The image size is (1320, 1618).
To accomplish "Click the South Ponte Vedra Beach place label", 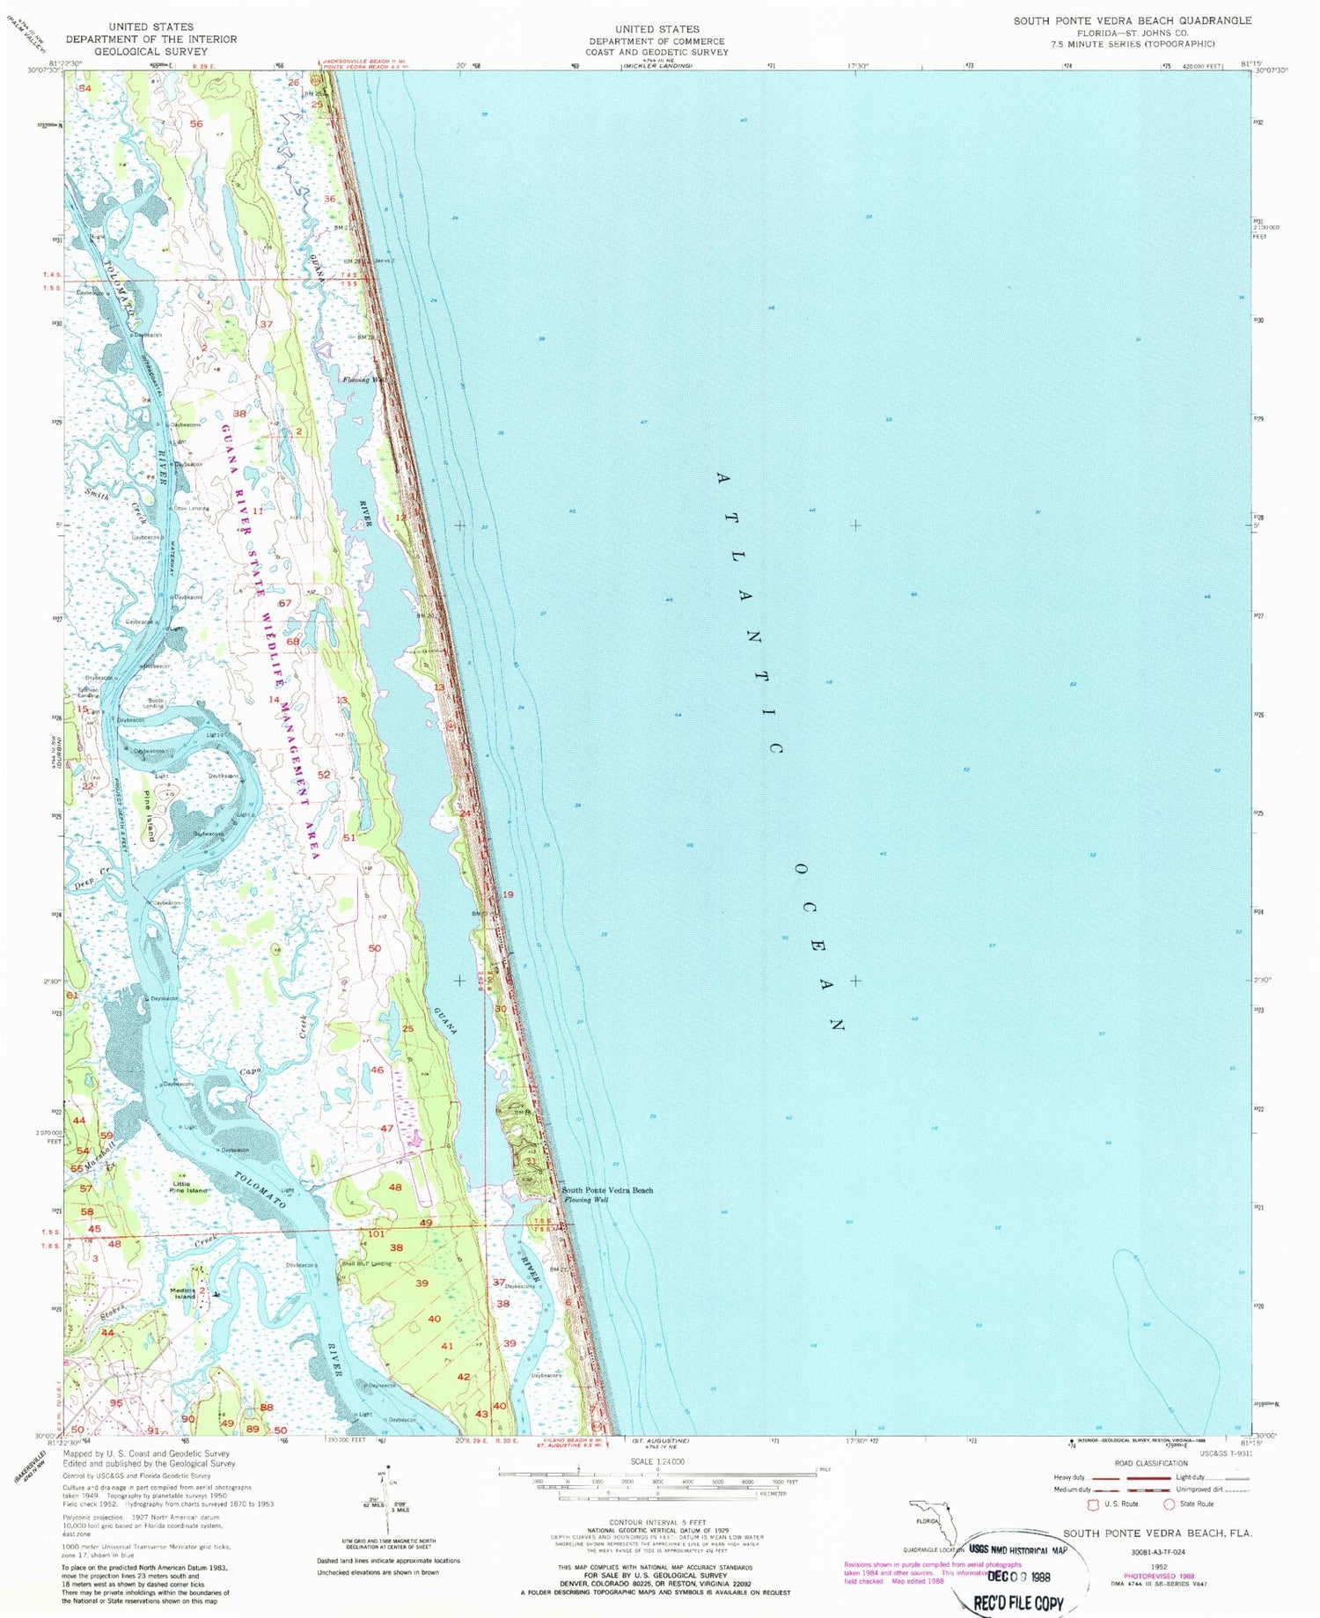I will click(x=608, y=1190).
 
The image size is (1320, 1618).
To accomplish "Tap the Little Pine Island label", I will click(x=189, y=1188).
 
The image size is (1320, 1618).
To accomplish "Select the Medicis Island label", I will click(x=183, y=1293).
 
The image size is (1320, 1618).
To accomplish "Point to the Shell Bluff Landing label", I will click(x=366, y=1263).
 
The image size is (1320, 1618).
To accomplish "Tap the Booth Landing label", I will click(x=155, y=703).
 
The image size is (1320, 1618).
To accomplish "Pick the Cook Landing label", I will click(x=191, y=509).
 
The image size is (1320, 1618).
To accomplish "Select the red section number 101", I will click(x=376, y=1233).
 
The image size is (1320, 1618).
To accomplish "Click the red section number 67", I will click(x=284, y=604).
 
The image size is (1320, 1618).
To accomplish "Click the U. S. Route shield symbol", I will click(x=1095, y=1504).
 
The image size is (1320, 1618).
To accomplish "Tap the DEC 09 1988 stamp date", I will click(x=1018, y=1577).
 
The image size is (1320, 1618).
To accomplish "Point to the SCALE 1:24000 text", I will click(x=657, y=1461).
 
